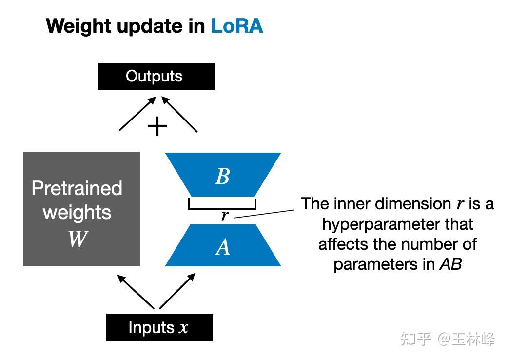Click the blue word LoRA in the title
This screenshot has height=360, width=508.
[236, 26]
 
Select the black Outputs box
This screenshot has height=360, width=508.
[156, 77]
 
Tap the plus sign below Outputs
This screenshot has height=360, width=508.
[157, 127]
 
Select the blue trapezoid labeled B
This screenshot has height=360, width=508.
[223, 175]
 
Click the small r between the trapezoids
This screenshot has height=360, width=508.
[224, 215]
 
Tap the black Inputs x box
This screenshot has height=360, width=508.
[159, 327]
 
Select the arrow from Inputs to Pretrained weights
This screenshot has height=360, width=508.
[137, 292]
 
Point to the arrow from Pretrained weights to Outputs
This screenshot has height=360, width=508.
[137, 113]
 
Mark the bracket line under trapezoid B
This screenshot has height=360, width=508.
[222, 208]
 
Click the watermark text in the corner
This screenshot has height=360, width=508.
[447, 339]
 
